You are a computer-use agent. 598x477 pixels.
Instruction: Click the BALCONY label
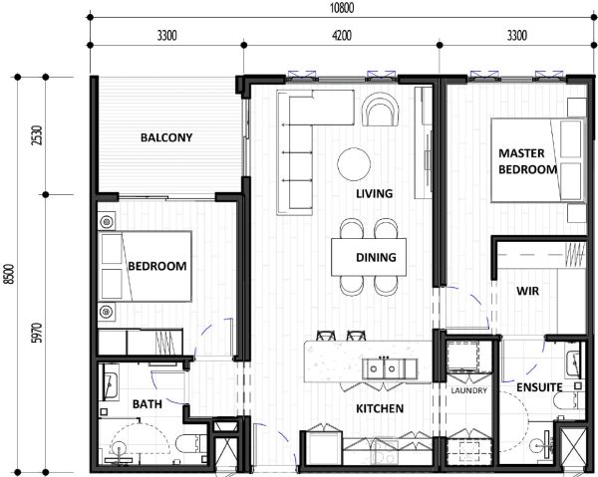point(166,137)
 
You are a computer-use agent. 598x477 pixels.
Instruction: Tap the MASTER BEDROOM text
point(528,161)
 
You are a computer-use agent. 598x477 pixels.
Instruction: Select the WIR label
point(528,291)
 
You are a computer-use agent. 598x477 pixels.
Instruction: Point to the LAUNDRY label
point(468,390)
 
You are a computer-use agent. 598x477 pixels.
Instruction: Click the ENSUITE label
point(539,387)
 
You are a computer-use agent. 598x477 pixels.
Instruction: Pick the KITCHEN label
point(380,409)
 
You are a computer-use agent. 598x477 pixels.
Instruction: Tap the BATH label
point(148,404)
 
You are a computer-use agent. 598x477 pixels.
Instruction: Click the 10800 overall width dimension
point(341,8)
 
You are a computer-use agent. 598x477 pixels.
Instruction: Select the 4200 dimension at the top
point(342,36)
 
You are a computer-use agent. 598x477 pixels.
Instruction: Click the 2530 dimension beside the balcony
point(38,135)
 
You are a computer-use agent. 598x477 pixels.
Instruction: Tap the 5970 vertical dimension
point(38,333)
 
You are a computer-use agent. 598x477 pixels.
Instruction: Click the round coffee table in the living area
point(354,164)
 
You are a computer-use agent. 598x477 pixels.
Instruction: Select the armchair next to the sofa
point(381,110)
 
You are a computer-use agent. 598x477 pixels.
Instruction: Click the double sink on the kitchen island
point(383,368)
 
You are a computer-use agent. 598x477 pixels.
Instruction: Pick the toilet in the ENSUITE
point(569,401)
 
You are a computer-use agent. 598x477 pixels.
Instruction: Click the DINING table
point(369,257)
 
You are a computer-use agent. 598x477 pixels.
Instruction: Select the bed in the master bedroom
point(538,160)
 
